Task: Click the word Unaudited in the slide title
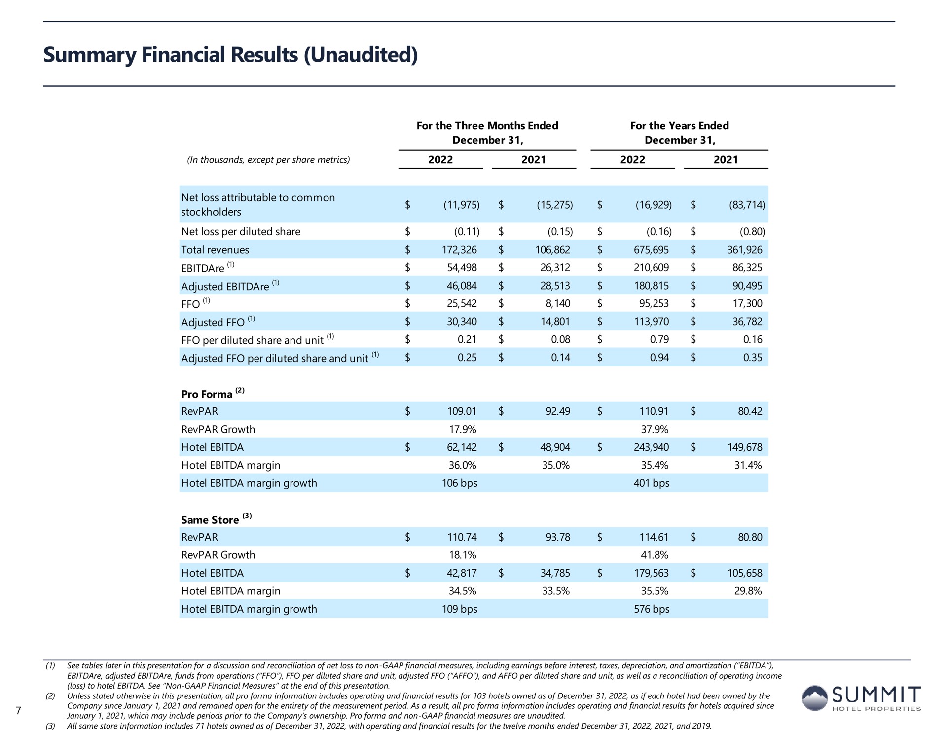[362, 54]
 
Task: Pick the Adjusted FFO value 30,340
[462, 322]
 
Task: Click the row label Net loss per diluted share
[241, 232]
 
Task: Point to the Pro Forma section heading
[207, 394]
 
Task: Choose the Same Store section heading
[210, 520]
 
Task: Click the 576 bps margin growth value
[652, 609]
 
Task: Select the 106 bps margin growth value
[460, 483]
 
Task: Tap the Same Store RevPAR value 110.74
[462, 537]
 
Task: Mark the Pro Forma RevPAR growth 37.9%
[655, 430]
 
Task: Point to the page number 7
[18, 711]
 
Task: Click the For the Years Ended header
[679, 126]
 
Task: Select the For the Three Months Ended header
[487, 126]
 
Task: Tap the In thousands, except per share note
[268, 160]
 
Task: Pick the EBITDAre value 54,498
[462, 268]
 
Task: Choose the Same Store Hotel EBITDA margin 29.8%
[748, 591]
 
